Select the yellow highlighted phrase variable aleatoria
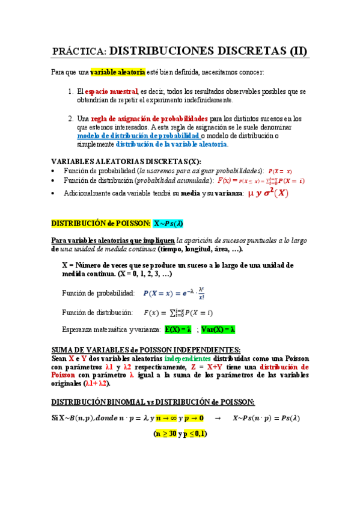point(118,72)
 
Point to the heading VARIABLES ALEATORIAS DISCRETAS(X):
point(126,162)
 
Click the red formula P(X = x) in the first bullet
point(280,171)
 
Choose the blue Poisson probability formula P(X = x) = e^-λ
point(175,293)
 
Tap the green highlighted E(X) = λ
point(178,330)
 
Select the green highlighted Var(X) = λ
point(218,330)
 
